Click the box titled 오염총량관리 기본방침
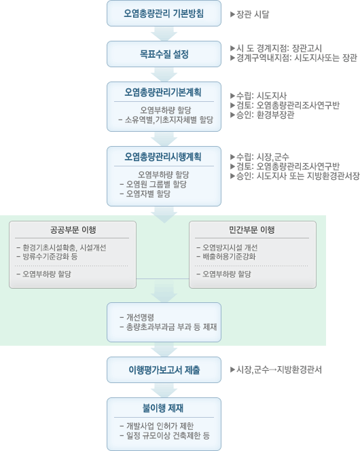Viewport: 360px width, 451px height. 164,14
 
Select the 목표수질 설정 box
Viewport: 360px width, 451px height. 164,54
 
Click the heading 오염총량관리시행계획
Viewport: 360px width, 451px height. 164,156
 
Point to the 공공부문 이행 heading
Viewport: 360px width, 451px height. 73,230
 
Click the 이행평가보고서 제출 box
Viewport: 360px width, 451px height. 164,370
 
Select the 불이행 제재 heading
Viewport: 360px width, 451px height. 164,408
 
